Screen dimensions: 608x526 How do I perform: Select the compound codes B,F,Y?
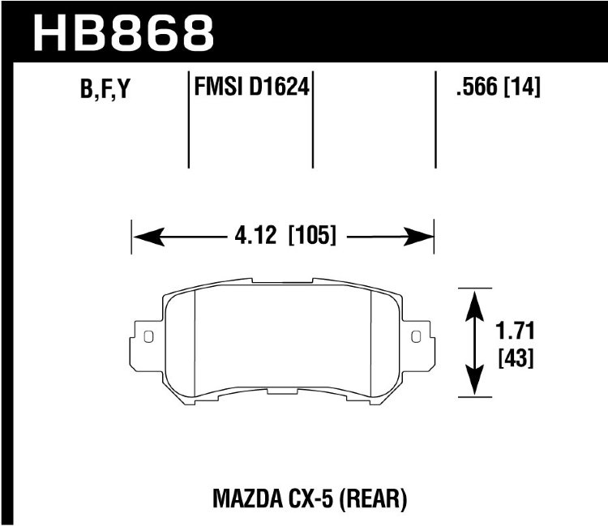point(105,88)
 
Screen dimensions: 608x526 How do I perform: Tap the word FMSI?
point(218,87)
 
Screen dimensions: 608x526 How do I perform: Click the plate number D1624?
point(278,87)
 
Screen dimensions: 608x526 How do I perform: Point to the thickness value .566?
point(477,87)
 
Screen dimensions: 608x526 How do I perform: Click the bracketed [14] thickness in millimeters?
point(521,87)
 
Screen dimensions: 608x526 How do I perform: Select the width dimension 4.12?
point(255,235)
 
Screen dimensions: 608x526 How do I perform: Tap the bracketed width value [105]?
point(312,235)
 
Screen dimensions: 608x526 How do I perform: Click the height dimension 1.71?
point(515,331)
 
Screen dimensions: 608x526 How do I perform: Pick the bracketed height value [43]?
point(516,357)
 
